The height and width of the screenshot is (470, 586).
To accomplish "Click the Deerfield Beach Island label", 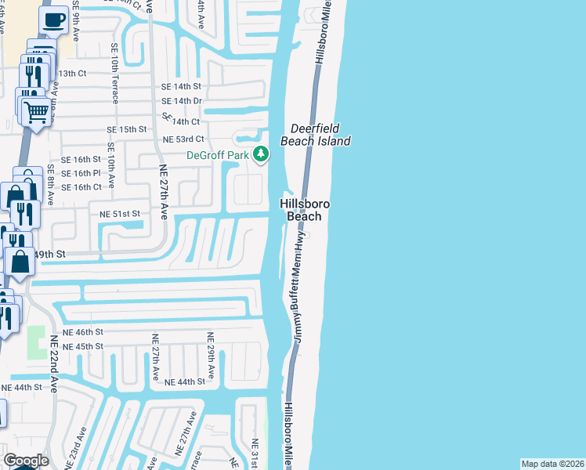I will (320, 135).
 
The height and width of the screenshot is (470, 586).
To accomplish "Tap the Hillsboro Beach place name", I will (304, 210).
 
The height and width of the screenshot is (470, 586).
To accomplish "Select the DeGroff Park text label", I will (217, 155).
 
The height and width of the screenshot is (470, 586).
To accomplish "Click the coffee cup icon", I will (53, 20).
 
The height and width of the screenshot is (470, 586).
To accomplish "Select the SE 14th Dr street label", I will (182, 102).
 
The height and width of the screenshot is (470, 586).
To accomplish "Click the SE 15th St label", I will (127, 129).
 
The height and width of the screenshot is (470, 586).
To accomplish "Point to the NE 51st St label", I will (119, 213).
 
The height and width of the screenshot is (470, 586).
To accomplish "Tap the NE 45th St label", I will (82, 346).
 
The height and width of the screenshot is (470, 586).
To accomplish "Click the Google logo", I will (25, 461).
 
